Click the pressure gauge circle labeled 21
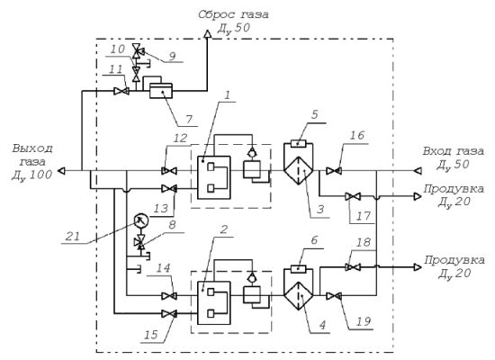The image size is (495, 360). coord(140,220)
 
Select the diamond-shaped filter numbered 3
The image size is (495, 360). coord(298,171)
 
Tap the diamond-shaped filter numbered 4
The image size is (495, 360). coord(298,296)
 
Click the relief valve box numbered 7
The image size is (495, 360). coord(161,91)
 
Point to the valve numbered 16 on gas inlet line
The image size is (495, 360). coord(334,171)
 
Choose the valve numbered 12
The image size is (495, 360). coord(169,171)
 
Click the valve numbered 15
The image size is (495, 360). coord(169,313)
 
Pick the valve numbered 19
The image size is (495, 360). coord(334,296)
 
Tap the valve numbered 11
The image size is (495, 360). coord(121,91)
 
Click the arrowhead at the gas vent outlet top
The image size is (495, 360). coord(207,33)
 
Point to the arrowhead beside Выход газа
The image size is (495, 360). coord(61,171)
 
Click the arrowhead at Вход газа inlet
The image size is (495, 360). coord(418,171)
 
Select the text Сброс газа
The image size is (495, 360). coord(233,14)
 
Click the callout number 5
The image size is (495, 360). coord(315,114)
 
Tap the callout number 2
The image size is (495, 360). coord(223,229)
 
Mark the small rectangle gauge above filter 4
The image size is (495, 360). coord(298,269)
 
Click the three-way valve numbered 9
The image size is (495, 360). coord(138,50)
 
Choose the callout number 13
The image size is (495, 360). coord(161,209)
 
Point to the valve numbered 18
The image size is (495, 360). coord(353,267)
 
